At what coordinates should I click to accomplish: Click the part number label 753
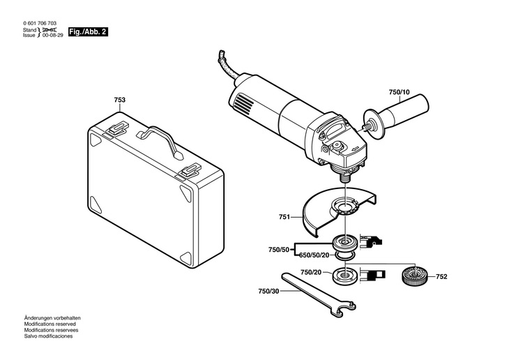click(x=120, y=100)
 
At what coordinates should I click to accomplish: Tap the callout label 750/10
click(x=400, y=92)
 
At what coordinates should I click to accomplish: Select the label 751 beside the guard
click(x=284, y=218)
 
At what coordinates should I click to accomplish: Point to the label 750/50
click(x=279, y=249)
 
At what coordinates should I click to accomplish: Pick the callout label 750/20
click(x=311, y=272)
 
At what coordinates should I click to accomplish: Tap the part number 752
click(x=441, y=277)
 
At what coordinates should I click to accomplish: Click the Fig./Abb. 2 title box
click(x=88, y=32)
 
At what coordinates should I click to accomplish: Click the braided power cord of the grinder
click(x=223, y=63)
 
